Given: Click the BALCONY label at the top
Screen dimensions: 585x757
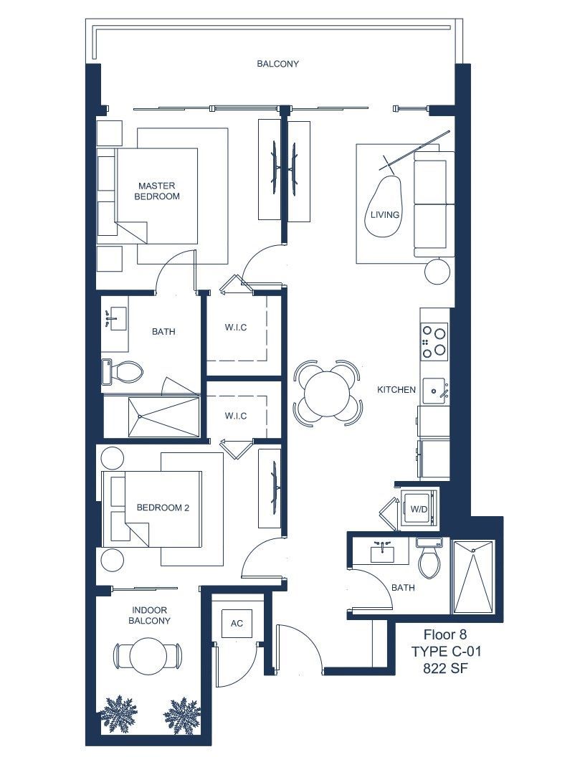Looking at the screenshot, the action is (277, 64).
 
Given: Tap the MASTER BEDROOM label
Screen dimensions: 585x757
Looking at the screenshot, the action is (157, 191).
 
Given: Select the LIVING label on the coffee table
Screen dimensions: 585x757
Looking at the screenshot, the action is (385, 214).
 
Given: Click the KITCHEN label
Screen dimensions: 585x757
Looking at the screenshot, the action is (396, 389).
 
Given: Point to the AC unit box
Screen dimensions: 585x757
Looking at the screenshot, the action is (237, 623).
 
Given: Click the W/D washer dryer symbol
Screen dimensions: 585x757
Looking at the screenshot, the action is (419, 508).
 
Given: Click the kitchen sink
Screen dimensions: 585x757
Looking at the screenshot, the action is (436, 391).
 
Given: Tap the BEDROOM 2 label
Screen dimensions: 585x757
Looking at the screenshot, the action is (163, 508).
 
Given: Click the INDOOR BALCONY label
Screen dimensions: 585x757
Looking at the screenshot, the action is (149, 616).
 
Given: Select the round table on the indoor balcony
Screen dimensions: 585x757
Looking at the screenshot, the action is (148, 657).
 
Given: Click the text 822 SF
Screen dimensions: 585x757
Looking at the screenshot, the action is (445, 668).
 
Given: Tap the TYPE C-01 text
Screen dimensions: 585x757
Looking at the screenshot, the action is (446, 652).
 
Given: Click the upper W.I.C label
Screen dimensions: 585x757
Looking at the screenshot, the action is (236, 328).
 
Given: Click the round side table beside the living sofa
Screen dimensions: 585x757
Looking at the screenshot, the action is (437, 272).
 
